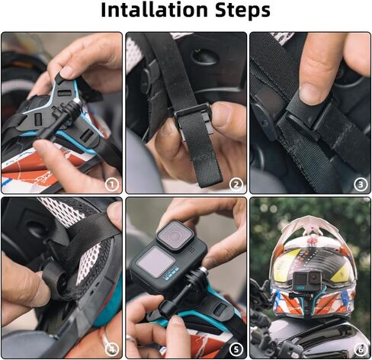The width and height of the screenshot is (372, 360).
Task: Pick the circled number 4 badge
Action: click(x=111, y=349)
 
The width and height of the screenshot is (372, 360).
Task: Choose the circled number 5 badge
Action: click(x=236, y=349)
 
